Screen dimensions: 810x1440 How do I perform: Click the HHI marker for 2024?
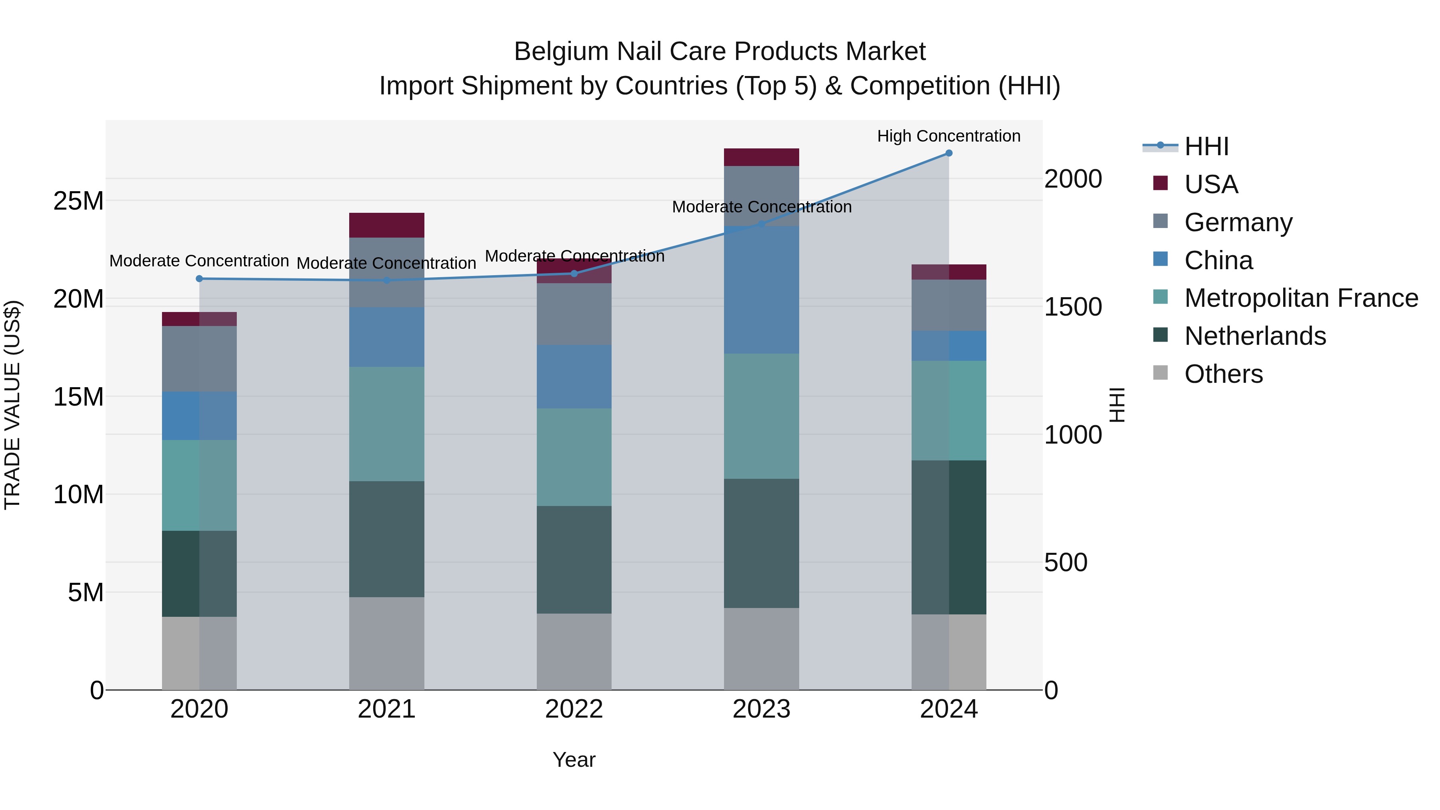coord(949,153)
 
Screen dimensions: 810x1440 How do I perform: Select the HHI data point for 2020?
coord(199,278)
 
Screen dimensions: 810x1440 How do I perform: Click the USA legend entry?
coord(1211,184)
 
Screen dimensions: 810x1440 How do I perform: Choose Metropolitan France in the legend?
coord(1301,298)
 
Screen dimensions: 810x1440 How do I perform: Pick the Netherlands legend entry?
coord(1254,336)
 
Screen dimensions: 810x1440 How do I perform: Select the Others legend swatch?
coord(1160,373)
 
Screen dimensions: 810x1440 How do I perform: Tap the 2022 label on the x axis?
coord(574,709)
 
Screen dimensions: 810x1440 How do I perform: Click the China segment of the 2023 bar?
coord(761,290)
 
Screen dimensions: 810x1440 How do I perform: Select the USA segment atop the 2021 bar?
coord(386,225)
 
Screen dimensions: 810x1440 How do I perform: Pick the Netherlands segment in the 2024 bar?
coord(949,537)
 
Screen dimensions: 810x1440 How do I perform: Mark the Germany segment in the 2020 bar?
coord(199,358)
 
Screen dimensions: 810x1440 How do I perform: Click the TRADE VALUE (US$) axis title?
coord(12,405)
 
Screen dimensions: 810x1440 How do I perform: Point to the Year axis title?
coord(574,760)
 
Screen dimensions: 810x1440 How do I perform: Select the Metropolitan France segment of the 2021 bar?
coord(386,424)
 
